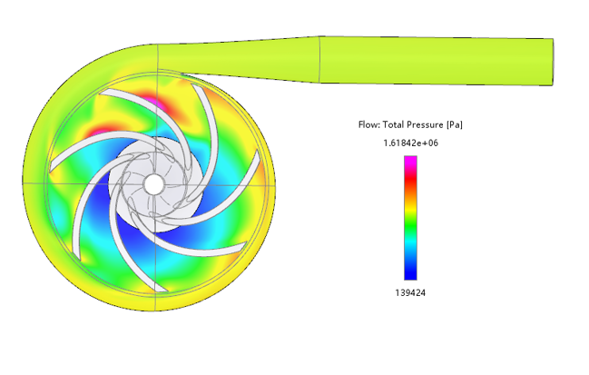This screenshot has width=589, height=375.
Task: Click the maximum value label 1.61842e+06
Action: pyautogui.click(x=410, y=143)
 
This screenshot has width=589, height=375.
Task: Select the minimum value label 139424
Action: pyautogui.click(x=410, y=292)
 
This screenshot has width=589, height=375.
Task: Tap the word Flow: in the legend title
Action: pyautogui.click(x=369, y=124)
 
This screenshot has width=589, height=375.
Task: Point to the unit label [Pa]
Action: pyautogui.click(x=455, y=124)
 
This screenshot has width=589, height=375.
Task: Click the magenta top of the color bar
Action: pyautogui.click(x=410, y=162)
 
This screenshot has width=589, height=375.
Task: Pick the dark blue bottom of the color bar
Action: pyautogui.click(x=410, y=272)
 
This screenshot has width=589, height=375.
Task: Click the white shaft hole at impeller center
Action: pyautogui.click(x=154, y=184)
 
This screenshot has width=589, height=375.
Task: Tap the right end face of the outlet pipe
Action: pyautogui.click(x=553, y=62)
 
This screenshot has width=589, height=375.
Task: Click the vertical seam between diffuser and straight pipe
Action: pyautogui.click(x=319, y=59)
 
